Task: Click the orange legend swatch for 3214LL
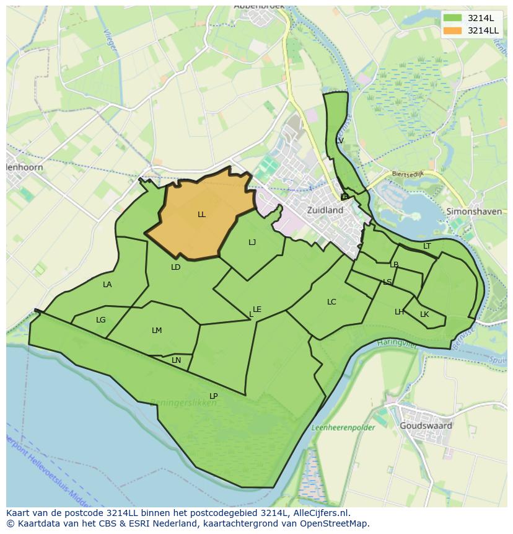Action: tap(452, 30)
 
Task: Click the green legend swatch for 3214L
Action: tap(452, 18)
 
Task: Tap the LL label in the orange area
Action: tap(201, 215)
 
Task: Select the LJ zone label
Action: tap(252, 243)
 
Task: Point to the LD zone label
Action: tap(176, 267)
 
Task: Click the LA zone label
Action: tap(107, 285)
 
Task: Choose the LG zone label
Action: tap(101, 320)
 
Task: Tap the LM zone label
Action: tap(157, 331)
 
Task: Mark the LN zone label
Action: tap(177, 360)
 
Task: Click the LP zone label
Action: tap(213, 396)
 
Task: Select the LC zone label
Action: tap(331, 302)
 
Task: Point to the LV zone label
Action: tap(340, 141)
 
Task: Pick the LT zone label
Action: tap(427, 246)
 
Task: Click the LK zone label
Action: tap(424, 314)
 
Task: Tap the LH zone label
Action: tap(400, 312)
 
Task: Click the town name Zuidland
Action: tap(325, 210)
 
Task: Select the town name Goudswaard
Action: tap(426, 426)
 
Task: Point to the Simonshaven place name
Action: tap(474, 211)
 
